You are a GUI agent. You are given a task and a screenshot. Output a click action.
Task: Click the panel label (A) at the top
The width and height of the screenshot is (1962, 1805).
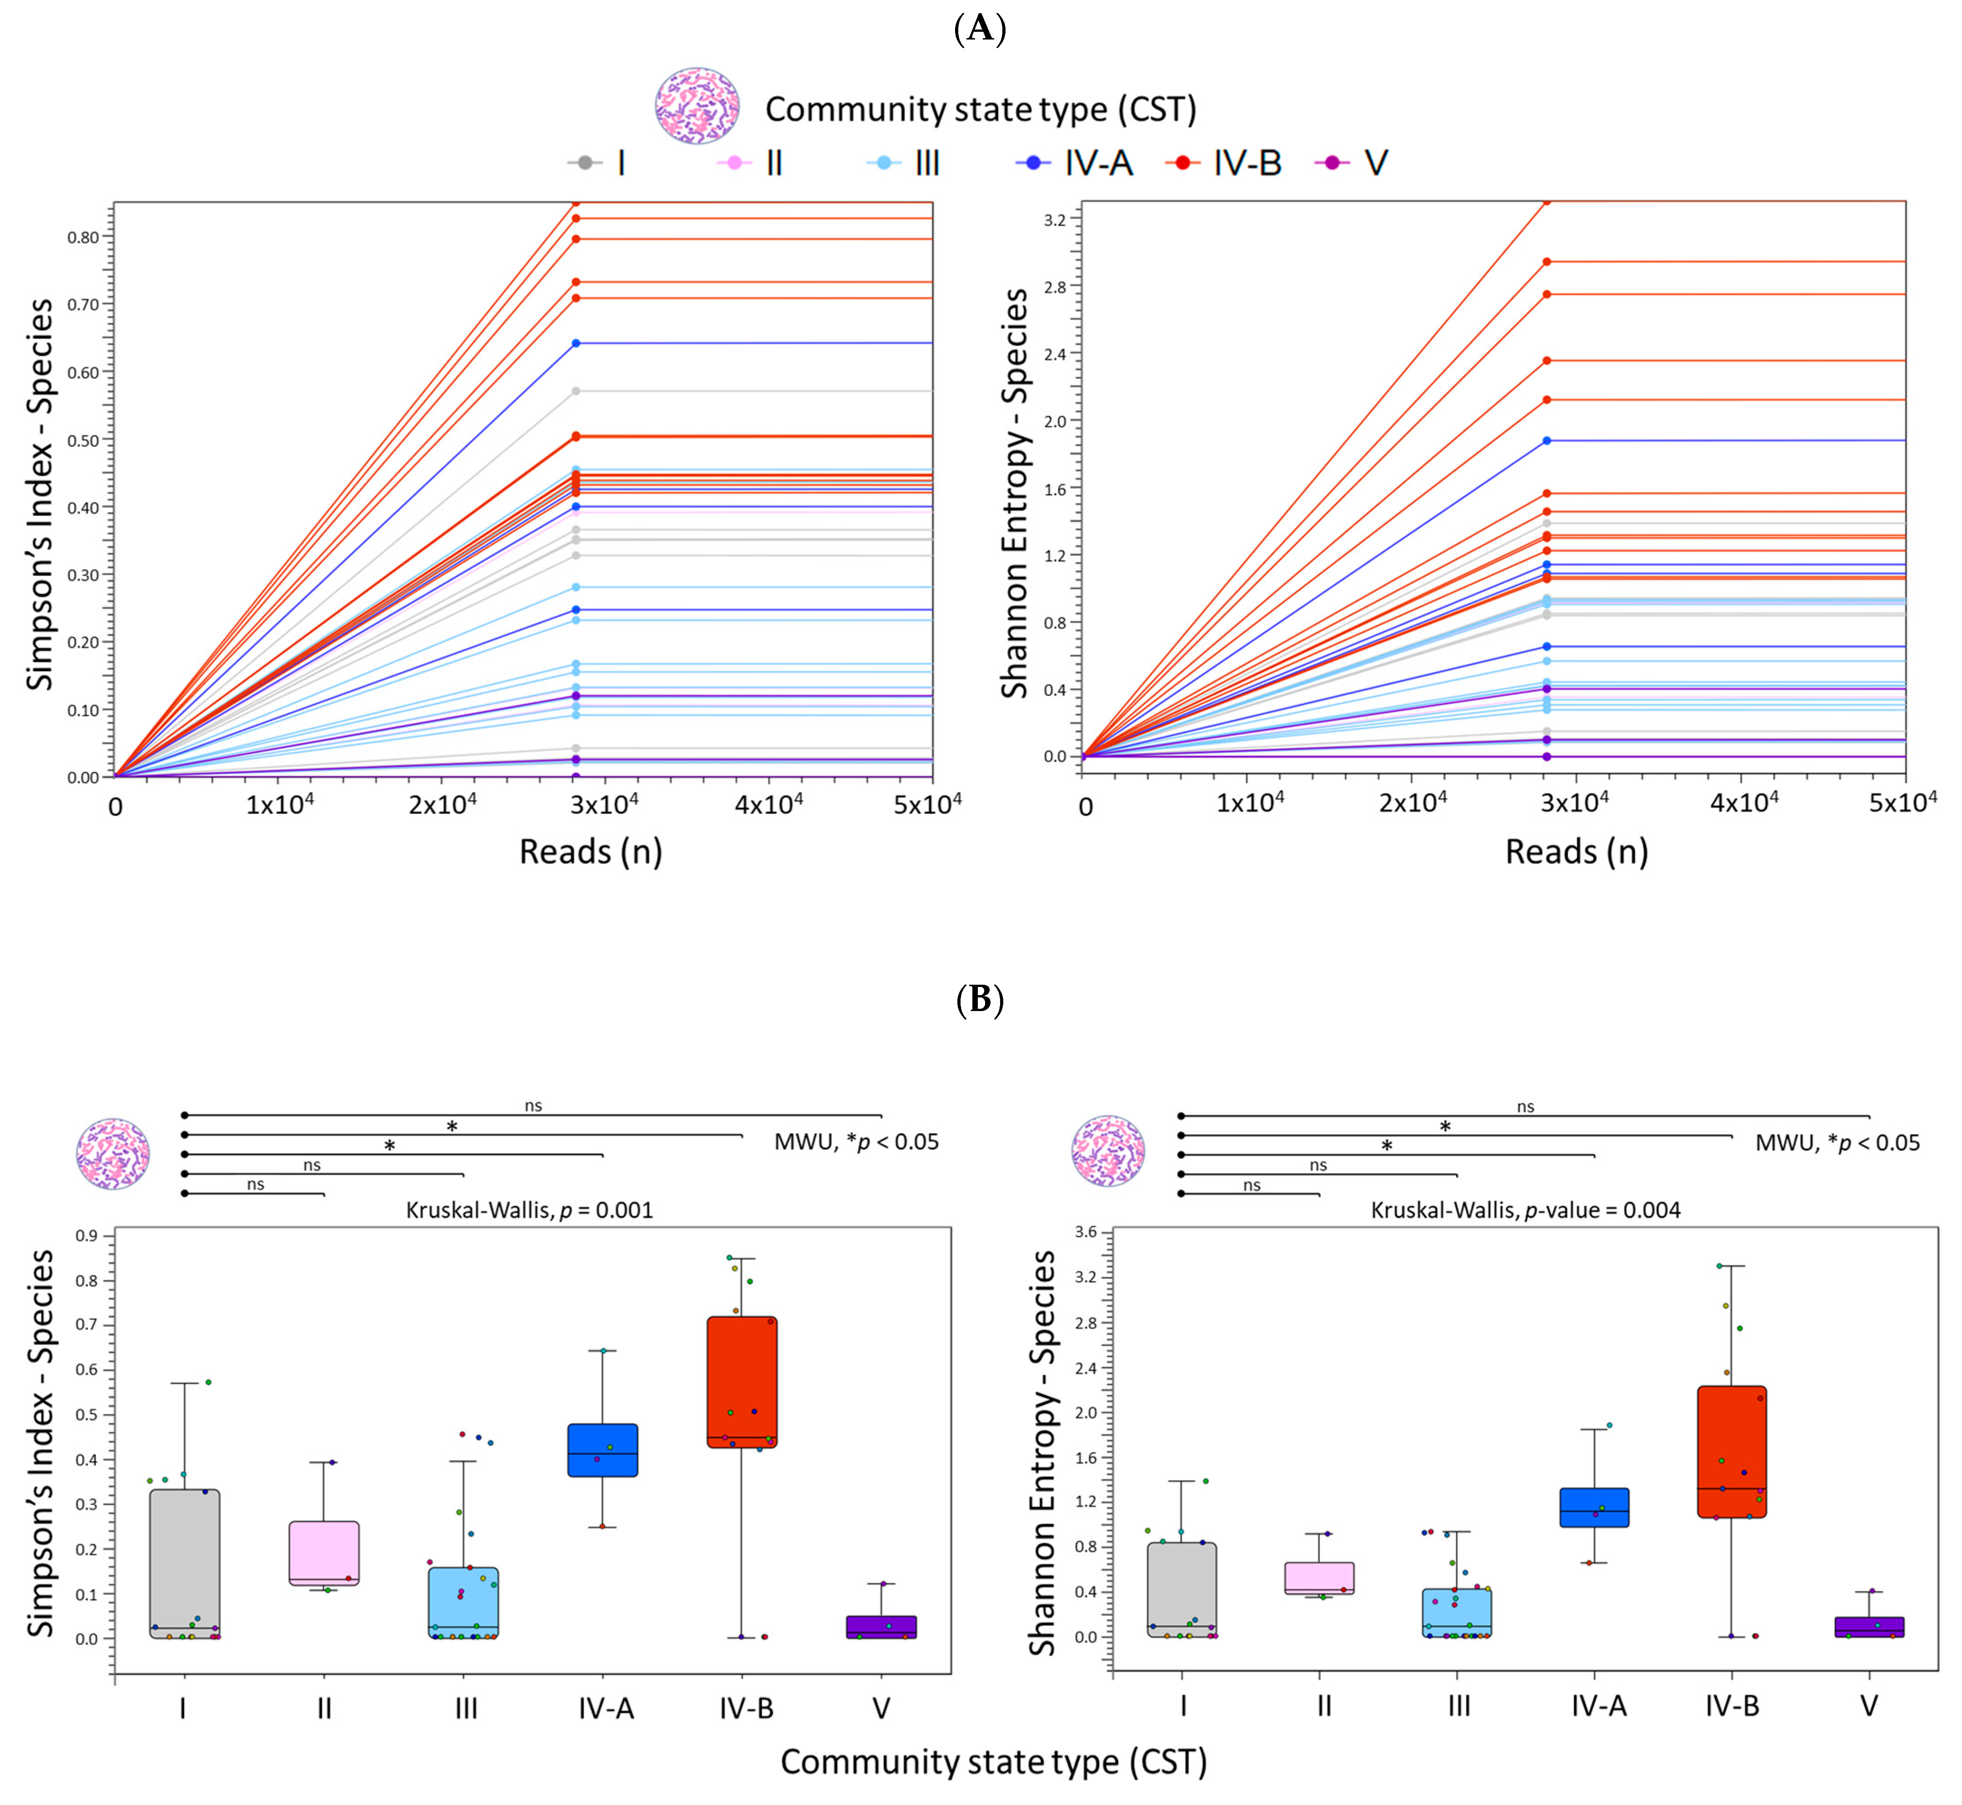[x=980, y=30]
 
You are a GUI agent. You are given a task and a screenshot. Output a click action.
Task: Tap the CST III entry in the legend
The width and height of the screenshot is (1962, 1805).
[x=904, y=163]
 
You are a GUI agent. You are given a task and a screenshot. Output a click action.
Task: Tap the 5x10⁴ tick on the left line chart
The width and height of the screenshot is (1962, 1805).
[x=930, y=804]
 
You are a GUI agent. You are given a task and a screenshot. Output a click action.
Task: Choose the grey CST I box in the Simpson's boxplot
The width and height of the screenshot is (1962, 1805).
[x=184, y=1563]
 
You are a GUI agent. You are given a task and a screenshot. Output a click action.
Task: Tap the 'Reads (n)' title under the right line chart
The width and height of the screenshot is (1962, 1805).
[x=1576, y=852]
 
